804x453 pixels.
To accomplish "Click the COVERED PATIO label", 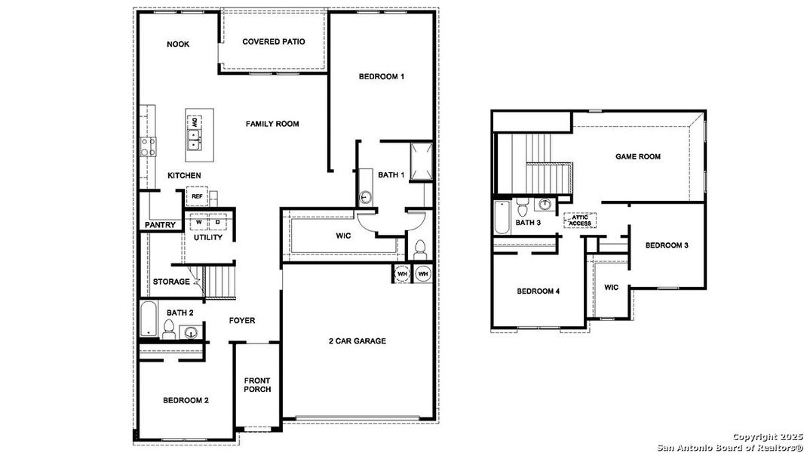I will click(x=273, y=42).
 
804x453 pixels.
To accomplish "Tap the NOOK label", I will click(x=178, y=45).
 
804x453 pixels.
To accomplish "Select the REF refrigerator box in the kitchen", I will click(x=197, y=196).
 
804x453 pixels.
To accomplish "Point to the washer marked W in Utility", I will click(x=200, y=222).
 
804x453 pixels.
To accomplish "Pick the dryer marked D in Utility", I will click(x=217, y=222).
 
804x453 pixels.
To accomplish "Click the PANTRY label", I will click(x=160, y=225).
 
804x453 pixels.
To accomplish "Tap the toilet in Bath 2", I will click(x=170, y=329).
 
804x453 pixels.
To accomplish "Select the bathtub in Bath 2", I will click(x=148, y=319).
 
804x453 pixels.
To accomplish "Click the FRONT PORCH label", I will click(x=257, y=384).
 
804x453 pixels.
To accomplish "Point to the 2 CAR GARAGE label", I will click(x=357, y=341).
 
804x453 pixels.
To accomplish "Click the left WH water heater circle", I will click(x=402, y=273).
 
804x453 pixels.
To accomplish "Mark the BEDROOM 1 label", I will click(x=382, y=77).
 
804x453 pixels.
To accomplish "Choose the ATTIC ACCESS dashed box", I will click(x=580, y=220).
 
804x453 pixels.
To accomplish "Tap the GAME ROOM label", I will click(x=637, y=157).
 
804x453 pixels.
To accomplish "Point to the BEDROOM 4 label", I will click(x=538, y=291).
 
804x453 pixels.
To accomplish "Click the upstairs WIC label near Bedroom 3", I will click(x=611, y=288).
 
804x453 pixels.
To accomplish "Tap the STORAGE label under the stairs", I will click(x=171, y=282).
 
